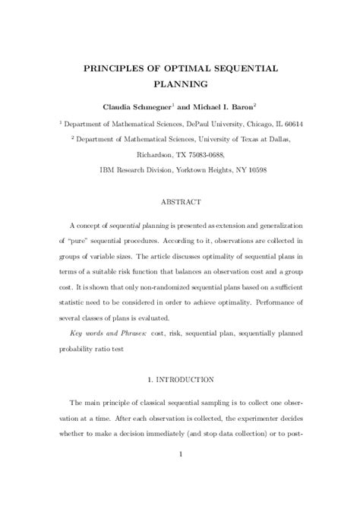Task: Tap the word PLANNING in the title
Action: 180,85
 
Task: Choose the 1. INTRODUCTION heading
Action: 180,378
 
